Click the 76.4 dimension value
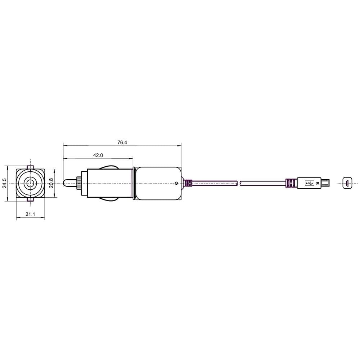(122, 142)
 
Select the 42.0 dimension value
(98, 155)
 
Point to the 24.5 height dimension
(5, 183)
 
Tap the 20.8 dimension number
(51, 183)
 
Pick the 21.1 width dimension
(30, 214)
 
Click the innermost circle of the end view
(30, 183)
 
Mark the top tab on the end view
(30, 167)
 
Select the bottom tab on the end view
(30, 199)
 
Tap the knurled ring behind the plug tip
(79, 183)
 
